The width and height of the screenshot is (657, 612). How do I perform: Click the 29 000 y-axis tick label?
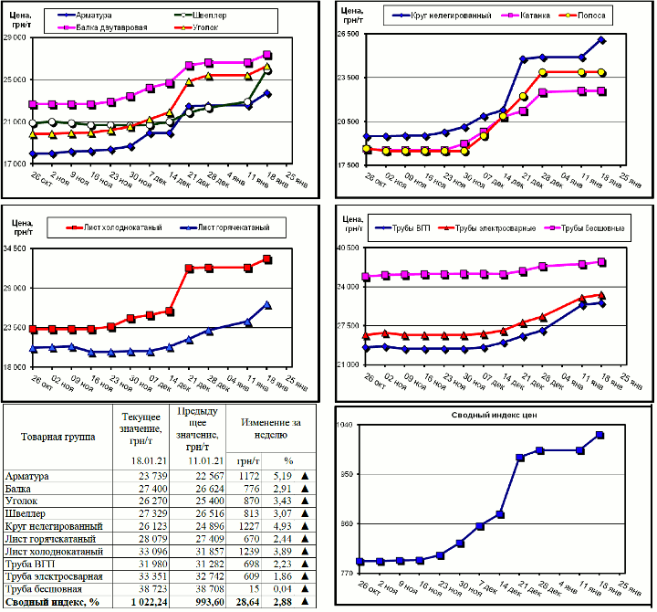[15, 37]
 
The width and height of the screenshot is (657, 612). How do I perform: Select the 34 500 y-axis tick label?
[15, 248]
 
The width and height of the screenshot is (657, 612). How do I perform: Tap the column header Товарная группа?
[57, 438]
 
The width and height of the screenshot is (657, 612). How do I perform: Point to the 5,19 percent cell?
[286, 476]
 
